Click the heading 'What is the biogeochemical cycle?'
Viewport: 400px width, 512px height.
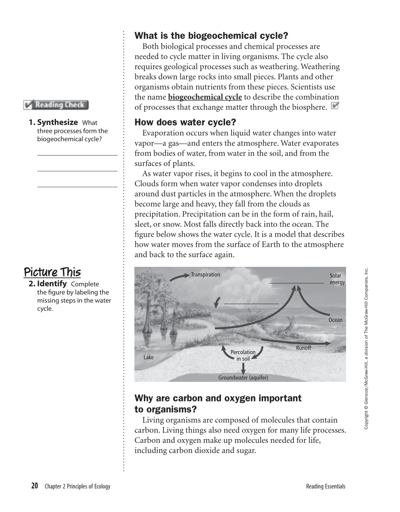211,36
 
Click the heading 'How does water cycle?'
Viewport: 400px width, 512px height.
185,122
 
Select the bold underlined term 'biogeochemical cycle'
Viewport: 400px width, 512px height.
205,97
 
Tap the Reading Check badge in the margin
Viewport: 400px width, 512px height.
56,105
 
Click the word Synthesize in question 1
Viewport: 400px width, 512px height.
57,122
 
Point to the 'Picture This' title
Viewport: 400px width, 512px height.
52,272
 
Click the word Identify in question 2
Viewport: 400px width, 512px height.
52,284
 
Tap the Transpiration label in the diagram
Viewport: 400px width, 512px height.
206,275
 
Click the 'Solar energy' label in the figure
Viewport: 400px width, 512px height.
337,279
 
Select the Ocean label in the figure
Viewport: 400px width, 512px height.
335,320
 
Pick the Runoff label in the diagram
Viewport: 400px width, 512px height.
304,348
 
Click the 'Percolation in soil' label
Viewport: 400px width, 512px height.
243,355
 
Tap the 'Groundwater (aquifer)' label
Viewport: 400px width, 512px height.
243,378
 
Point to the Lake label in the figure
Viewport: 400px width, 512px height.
149,357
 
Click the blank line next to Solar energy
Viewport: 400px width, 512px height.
296,283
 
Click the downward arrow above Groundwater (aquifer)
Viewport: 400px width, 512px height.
243,368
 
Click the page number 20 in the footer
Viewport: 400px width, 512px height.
34,486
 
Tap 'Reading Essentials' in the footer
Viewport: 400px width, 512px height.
326,487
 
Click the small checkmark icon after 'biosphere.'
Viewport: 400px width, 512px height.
335,106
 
